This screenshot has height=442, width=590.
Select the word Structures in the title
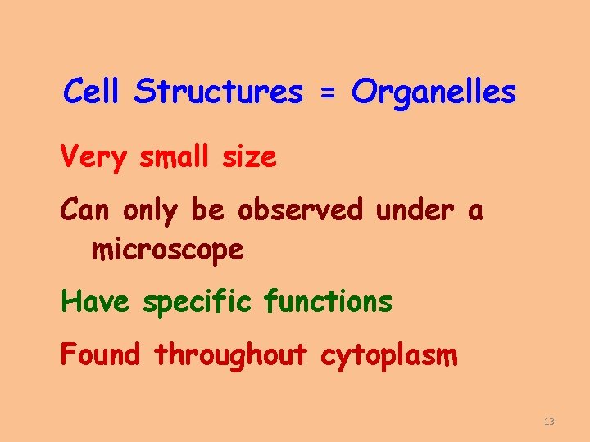click(x=218, y=92)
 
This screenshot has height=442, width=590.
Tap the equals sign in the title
click(x=327, y=94)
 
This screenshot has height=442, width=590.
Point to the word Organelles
click(x=433, y=92)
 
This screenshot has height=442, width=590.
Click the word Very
click(x=94, y=157)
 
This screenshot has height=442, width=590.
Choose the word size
click(x=249, y=157)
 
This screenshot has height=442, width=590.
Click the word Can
click(x=87, y=210)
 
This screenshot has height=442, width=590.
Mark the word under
click(x=414, y=210)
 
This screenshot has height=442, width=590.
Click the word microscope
click(x=167, y=250)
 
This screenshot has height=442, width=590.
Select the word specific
click(x=198, y=304)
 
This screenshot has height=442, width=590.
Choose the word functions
click(x=328, y=302)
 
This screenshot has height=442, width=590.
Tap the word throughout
click(x=230, y=355)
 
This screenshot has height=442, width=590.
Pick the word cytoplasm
click(x=388, y=357)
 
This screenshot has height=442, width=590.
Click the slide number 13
click(x=549, y=422)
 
